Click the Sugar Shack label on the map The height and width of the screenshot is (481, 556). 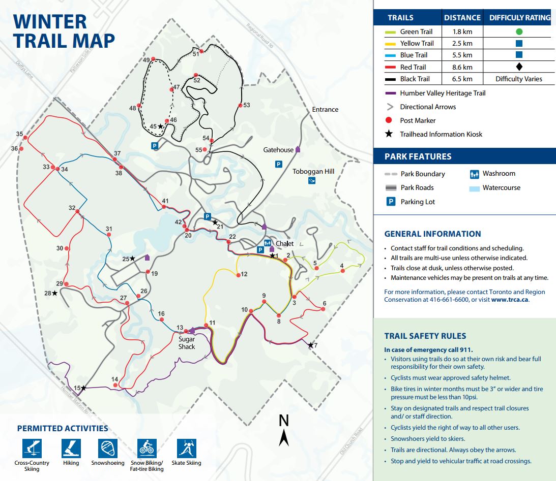point(187,343)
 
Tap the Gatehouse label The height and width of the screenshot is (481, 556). point(278,150)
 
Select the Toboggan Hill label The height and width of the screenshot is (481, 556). point(313,172)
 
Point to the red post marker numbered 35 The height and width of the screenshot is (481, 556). point(25,138)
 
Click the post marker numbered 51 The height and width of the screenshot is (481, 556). point(201,51)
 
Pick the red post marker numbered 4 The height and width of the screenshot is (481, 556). point(342,271)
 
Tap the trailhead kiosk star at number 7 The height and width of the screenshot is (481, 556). point(311,345)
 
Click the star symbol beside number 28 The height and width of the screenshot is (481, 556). point(54,293)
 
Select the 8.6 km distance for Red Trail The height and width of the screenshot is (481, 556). point(462,67)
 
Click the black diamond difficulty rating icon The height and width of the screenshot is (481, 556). point(519,67)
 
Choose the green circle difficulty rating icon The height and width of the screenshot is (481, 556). point(519,31)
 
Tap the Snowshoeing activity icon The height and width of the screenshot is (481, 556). point(108,448)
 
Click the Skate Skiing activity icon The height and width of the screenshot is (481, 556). point(186,448)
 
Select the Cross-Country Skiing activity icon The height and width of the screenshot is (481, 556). point(32,448)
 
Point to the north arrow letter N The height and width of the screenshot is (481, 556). point(284,421)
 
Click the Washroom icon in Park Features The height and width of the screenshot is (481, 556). point(474,174)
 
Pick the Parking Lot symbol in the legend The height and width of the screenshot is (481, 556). point(391,202)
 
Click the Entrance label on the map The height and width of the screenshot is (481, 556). point(325,109)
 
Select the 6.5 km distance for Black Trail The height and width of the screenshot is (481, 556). point(462,79)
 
